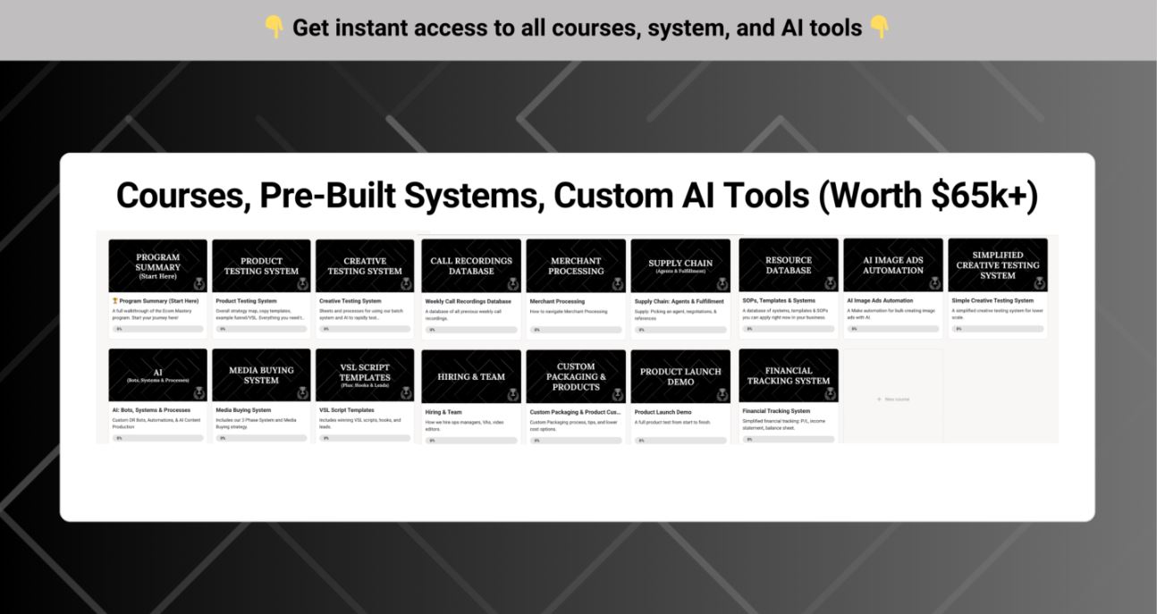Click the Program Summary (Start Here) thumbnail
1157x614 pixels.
157,265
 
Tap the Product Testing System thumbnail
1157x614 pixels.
261,265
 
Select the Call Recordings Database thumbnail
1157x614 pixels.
471,265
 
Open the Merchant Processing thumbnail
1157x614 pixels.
576,265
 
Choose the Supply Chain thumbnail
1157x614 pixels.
680,265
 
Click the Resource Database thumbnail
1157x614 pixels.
789,265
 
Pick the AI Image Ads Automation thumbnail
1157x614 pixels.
893,265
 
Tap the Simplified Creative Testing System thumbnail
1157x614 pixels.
998,265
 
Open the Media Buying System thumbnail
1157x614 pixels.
261,375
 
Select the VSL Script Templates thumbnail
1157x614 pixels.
365,375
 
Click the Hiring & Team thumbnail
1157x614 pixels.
471,376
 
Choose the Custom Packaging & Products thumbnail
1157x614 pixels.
576,376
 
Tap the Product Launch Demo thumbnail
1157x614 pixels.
680,376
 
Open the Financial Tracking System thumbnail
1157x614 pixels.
789,375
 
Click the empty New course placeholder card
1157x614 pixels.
893,399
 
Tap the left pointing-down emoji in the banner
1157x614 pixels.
274,28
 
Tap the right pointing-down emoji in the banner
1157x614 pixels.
880,28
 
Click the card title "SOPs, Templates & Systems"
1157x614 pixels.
779,301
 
